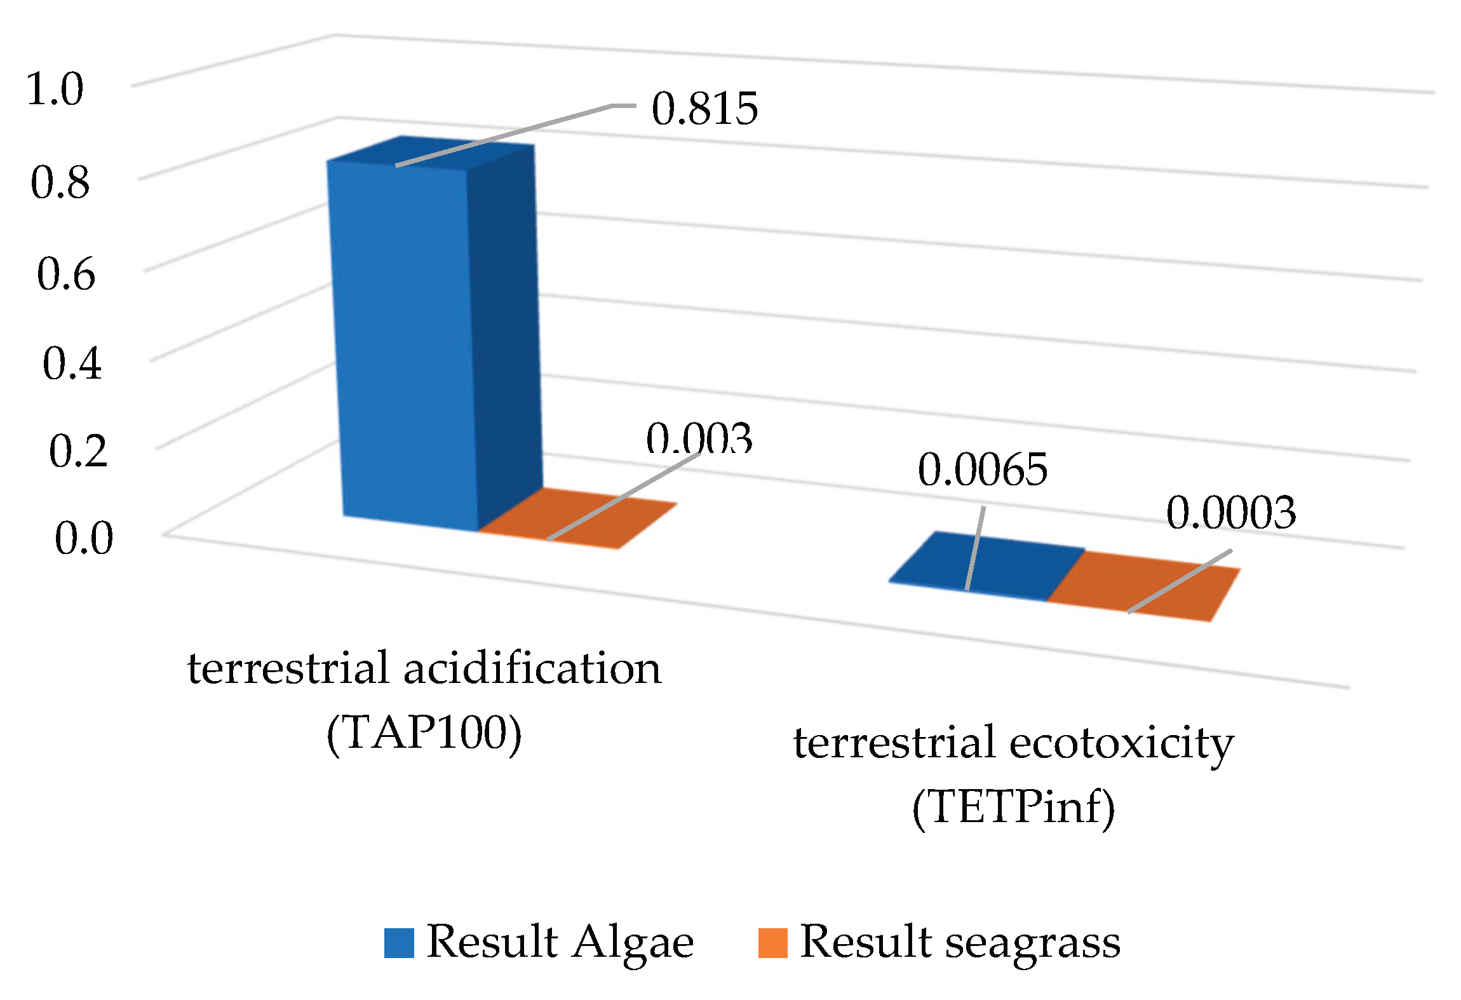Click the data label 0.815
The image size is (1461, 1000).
[x=704, y=109]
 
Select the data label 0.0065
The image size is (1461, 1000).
[x=982, y=470]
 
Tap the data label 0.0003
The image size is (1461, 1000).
[x=1230, y=513]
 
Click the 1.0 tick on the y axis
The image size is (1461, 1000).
[x=55, y=89]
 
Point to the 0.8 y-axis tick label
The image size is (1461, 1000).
[x=60, y=183]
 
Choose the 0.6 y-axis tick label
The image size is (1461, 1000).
[x=66, y=274]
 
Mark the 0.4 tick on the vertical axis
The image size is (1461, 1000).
[x=72, y=364]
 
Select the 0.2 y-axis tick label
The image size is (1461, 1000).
[x=78, y=452]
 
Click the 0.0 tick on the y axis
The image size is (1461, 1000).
[x=84, y=539]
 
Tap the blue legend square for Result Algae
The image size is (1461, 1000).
[x=399, y=943]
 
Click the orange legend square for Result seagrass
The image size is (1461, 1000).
[x=772, y=943]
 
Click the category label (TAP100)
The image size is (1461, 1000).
[x=424, y=734]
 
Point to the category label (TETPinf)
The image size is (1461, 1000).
[x=1013, y=808]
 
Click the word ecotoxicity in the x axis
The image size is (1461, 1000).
[x=1121, y=743]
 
